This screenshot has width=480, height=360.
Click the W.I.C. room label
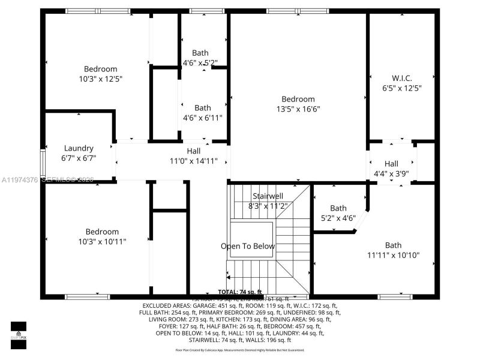[x=401, y=78]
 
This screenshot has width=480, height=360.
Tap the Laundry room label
[x=79, y=148]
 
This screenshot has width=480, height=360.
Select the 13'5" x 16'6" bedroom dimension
[x=298, y=109]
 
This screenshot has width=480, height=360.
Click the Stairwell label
[x=268, y=196]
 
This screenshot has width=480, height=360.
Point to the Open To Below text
[x=248, y=246]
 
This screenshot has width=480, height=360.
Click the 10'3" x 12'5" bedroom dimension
[x=101, y=79]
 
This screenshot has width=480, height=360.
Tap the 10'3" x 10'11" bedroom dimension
[x=101, y=241]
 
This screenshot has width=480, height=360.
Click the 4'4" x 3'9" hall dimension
[x=391, y=173]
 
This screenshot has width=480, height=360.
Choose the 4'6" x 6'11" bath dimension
[x=202, y=118]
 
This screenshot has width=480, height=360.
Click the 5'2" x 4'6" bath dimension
[x=338, y=218]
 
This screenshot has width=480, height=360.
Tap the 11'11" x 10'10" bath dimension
[x=393, y=255]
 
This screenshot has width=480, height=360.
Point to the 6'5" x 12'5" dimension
[x=401, y=88]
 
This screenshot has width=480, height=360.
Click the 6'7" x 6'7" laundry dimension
[x=79, y=158]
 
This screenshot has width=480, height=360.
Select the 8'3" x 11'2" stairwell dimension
[x=268, y=206]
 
